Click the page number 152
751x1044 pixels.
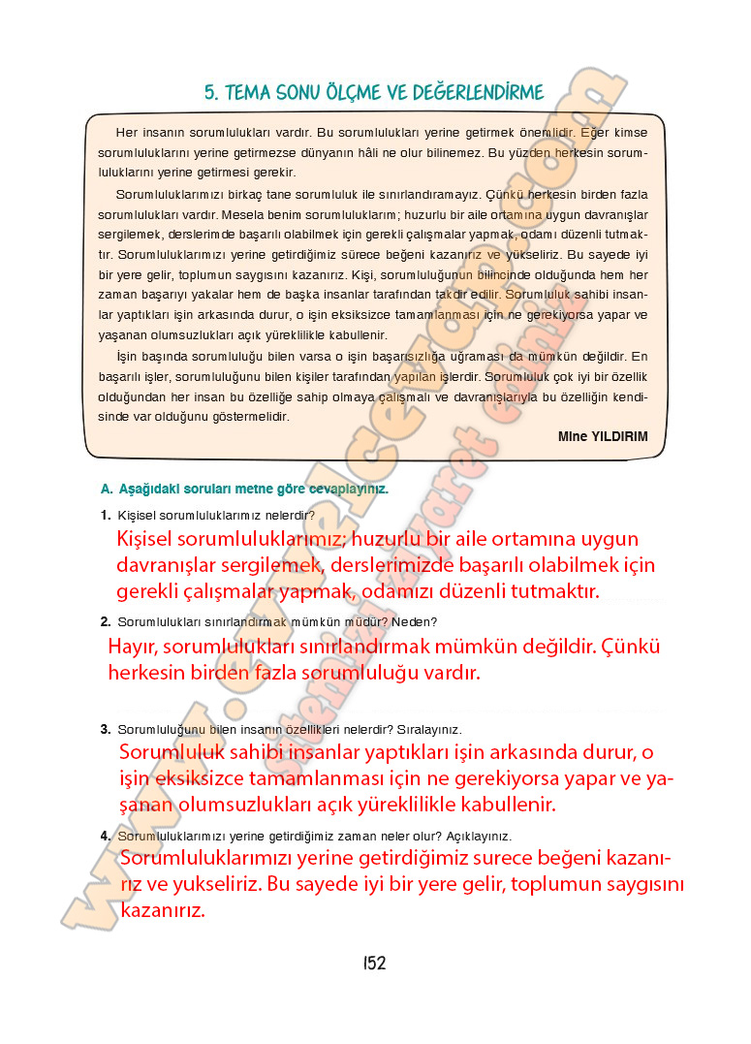pyautogui.click(x=375, y=963)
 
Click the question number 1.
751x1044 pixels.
pyautogui.click(x=105, y=515)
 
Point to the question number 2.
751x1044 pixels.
pyautogui.click(x=105, y=621)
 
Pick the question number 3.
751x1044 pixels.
pyautogui.click(x=105, y=729)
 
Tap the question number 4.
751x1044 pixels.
pyautogui.click(x=105, y=836)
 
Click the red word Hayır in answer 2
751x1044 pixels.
pyautogui.click(x=133, y=647)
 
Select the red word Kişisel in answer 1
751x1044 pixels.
pyautogui.click(x=147, y=539)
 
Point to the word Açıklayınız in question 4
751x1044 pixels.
pyautogui.click(x=479, y=836)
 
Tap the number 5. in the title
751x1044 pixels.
pyautogui.click(x=210, y=93)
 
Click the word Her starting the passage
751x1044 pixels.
pyautogui.click(x=126, y=130)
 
